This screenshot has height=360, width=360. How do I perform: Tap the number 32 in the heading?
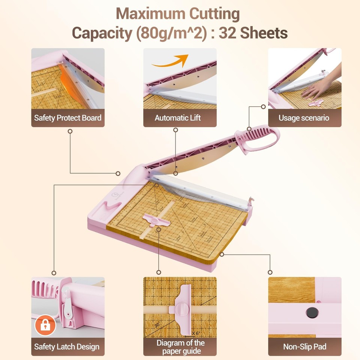228,33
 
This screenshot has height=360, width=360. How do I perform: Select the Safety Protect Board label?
68,118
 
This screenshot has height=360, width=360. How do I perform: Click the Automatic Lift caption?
178,118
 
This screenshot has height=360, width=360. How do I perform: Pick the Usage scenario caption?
304,118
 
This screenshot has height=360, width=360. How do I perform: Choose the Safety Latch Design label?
68,346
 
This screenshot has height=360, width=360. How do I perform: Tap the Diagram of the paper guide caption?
180,347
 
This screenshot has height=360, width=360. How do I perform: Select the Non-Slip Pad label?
304,346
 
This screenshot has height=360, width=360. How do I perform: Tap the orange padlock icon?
45,325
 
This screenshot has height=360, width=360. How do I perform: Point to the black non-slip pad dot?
312,312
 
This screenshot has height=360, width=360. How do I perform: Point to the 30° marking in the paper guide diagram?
158,325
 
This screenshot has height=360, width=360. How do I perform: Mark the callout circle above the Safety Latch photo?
54,273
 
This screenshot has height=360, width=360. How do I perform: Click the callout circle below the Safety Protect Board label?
70,131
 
